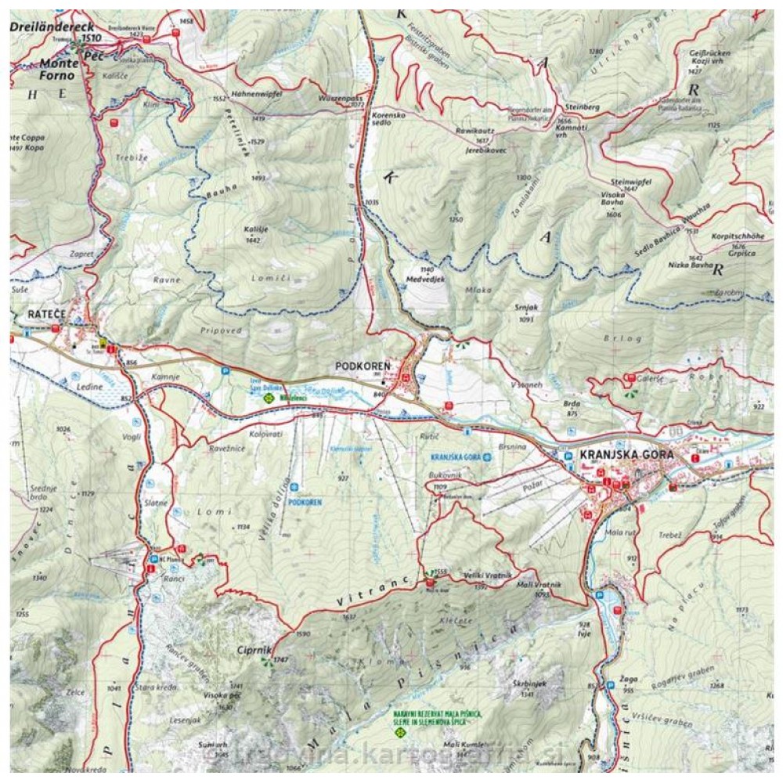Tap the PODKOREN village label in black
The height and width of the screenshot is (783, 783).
tap(363, 366)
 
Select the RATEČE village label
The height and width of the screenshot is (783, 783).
tap(45, 314)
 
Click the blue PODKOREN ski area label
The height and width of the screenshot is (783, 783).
tap(305, 502)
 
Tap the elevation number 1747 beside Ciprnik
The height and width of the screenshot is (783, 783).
tap(282, 660)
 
